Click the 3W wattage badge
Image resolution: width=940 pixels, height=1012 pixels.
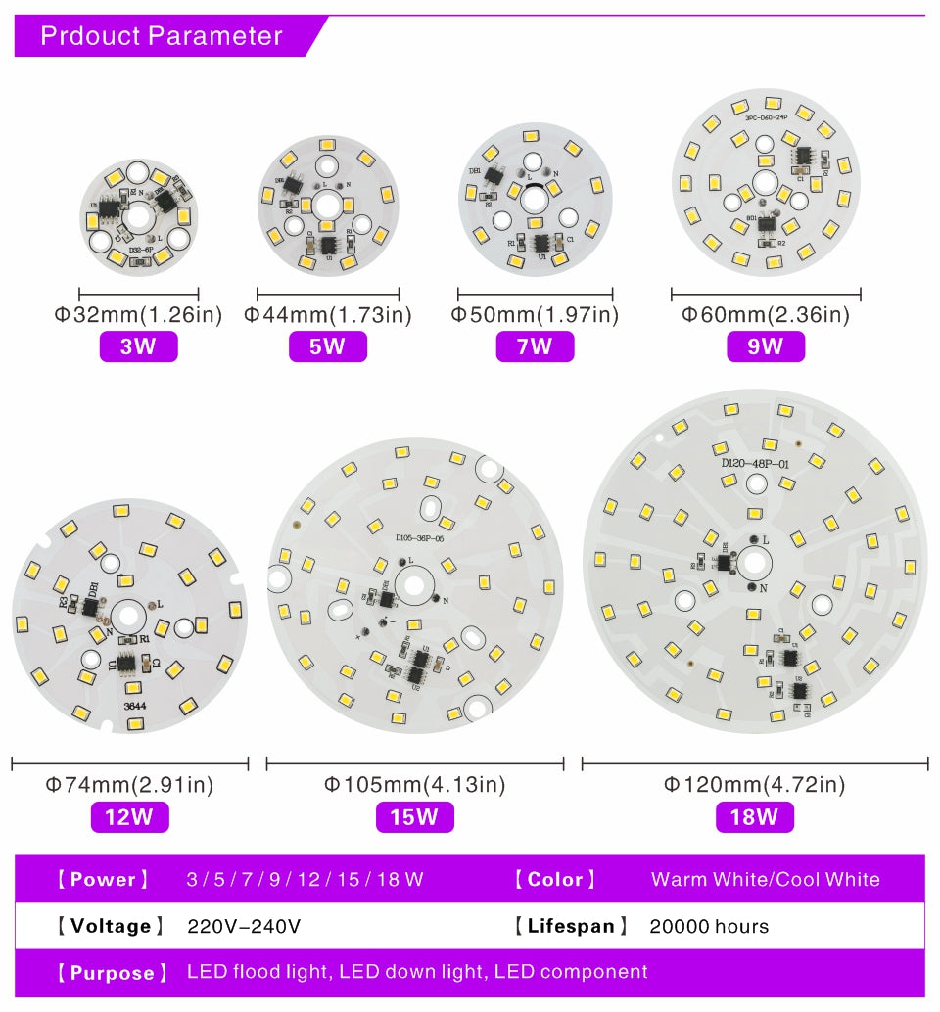[x=138, y=346]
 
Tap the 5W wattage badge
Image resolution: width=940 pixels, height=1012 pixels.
[x=327, y=346]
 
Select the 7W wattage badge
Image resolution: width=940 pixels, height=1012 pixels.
[x=535, y=346]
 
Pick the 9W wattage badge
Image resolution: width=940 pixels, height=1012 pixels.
[x=765, y=346]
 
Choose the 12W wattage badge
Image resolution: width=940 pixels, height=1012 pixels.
[x=129, y=816]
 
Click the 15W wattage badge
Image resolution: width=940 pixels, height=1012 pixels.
[x=414, y=816]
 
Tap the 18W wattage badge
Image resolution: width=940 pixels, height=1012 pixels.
[x=754, y=816]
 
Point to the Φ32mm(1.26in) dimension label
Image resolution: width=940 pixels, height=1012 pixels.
[x=138, y=315]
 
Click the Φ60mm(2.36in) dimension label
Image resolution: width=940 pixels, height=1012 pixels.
[x=765, y=315]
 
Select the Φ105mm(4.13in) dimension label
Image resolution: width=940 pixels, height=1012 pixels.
[x=414, y=785]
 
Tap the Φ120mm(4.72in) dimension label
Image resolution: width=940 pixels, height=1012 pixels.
[x=754, y=785]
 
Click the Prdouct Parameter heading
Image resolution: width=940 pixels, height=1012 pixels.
[x=162, y=36]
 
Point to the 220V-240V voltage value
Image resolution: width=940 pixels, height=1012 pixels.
[x=244, y=926]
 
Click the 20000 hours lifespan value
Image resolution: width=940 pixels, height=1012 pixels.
[x=709, y=926]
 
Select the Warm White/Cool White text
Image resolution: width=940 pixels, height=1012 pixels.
[x=765, y=879]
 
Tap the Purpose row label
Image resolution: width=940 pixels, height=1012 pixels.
[x=106, y=972]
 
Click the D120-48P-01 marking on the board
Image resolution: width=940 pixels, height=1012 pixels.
[x=755, y=464]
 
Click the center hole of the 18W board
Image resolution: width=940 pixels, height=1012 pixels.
[x=755, y=563]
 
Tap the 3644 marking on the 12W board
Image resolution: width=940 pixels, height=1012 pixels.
[x=135, y=705]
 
